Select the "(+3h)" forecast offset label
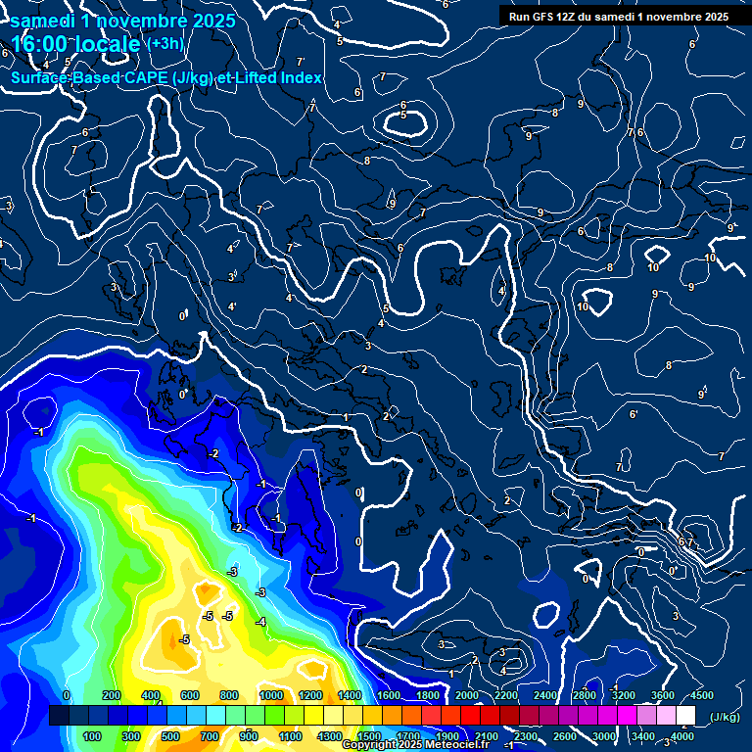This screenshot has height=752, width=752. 164,44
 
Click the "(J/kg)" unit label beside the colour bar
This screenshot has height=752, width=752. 724,718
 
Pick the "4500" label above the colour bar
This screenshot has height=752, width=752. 700,695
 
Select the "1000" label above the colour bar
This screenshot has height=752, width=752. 271,695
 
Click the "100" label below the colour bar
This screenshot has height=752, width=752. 92,736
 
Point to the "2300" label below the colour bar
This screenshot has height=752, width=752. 525,736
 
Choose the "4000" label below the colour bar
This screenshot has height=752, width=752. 682,736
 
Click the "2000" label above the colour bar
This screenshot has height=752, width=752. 467,695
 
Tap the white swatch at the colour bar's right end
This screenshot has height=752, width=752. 685,716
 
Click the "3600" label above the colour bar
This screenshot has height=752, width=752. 663,695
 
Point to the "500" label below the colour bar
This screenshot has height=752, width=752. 170,736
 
